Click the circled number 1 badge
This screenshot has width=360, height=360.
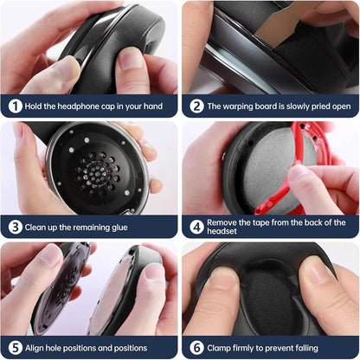click(15, 106)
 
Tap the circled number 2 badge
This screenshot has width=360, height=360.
click(196, 106)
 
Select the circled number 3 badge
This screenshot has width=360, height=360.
click(15, 228)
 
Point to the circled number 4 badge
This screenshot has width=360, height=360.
click(196, 228)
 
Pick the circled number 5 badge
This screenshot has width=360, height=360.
click(15, 348)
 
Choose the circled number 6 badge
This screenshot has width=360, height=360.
click(196, 348)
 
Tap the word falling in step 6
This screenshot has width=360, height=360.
click(305, 349)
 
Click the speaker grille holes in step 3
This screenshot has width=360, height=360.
click(97, 173)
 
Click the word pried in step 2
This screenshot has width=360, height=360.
click(319, 106)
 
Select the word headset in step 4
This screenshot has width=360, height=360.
click(222, 231)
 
